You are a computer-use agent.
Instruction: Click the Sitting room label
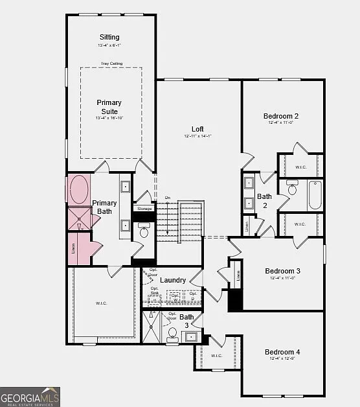click(109, 37)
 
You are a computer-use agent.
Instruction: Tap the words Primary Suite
click(109, 108)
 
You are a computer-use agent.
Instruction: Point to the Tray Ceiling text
click(111, 64)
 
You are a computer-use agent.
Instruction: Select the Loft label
click(197, 129)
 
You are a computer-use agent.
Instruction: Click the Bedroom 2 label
click(281, 117)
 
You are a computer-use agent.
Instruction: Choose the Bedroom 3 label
click(282, 271)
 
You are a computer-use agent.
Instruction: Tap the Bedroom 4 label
click(282, 352)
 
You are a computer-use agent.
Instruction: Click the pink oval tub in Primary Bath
click(80, 190)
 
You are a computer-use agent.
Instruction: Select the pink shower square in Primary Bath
click(80, 218)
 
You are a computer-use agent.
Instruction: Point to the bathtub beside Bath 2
click(315, 195)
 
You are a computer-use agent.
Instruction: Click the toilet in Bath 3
click(172, 335)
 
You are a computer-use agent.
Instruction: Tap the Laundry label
click(173, 281)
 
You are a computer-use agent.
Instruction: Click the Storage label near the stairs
click(144, 209)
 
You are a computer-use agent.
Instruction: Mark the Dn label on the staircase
click(167, 197)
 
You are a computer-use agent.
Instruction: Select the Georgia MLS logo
click(30, 396)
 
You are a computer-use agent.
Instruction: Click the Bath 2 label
click(264, 201)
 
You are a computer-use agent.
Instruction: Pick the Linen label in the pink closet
click(73, 246)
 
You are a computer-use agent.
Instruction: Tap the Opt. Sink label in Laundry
click(154, 291)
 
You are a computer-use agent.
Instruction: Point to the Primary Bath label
click(104, 207)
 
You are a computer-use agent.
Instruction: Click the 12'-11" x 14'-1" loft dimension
click(197, 136)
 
